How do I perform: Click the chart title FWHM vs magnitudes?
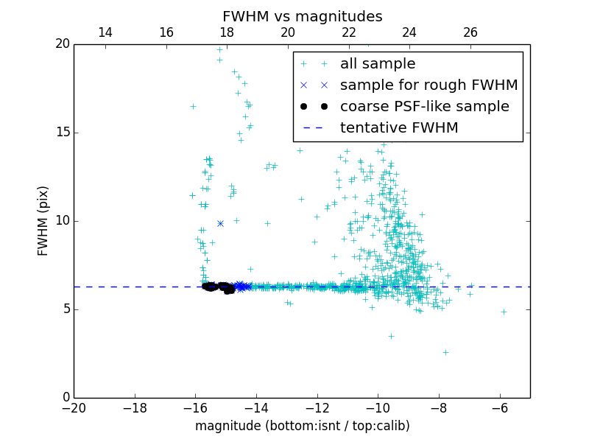(x=302, y=16)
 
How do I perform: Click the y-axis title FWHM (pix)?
(x=43, y=220)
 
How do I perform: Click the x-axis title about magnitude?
(x=302, y=426)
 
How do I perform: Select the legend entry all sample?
(x=377, y=64)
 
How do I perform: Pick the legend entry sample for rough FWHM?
(x=428, y=85)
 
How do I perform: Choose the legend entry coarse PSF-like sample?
(x=424, y=107)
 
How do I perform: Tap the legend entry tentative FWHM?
(x=399, y=128)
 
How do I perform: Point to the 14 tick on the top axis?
(x=105, y=32)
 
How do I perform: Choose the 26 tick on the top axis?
(x=470, y=32)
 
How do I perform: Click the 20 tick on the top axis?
(x=288, y=32)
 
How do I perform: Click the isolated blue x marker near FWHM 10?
(x=220, y=223)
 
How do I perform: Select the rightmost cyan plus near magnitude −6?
(x=504, y=312)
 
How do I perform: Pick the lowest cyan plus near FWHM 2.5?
(x=445, y=352)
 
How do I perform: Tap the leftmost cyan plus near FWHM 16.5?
(x=193, y=106)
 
